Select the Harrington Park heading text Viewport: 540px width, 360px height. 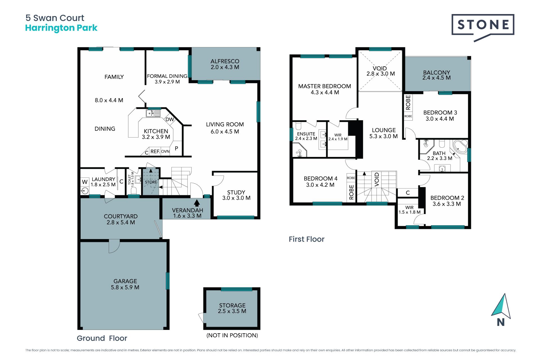pyautogui.click(x=61, y=28)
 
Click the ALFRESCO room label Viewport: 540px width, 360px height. pyautogui.click(x=225, y=61)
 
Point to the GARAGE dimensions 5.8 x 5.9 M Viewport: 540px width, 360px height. pyautogui.click(x=125, y=287)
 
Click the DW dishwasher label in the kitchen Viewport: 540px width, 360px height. pyautogui.click(x=170, y=119)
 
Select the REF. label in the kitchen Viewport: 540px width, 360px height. pyautogui.click(x=155, y=151)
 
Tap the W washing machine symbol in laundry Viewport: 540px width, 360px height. pyautogui.click(x=85, y=182)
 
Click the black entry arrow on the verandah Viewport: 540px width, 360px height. pyautogui.click(x=197, y=203)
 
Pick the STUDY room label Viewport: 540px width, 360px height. pyautogui.click(x=236, y=192)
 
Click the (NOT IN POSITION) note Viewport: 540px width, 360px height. pyautogui.click(x=232, y=335)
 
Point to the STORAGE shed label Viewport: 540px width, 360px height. pyautogui.click(x=232, y=305)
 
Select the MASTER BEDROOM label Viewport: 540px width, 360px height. pyautogui.click(x=325, y=86)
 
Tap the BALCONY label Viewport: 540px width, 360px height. pyautogui.click(x=436, y=72)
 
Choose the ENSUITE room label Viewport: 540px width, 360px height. pyautogui.click(x=306, y=134)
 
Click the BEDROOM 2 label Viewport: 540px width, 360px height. pyautogui.click(x=447, y=198)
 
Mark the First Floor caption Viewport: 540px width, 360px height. pyautogui.click(x=307, y=239)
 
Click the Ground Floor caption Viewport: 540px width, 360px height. pyautogui.click(x=102, y=338)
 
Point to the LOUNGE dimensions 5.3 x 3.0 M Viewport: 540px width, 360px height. pyautogui.click(x=383, y=136)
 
